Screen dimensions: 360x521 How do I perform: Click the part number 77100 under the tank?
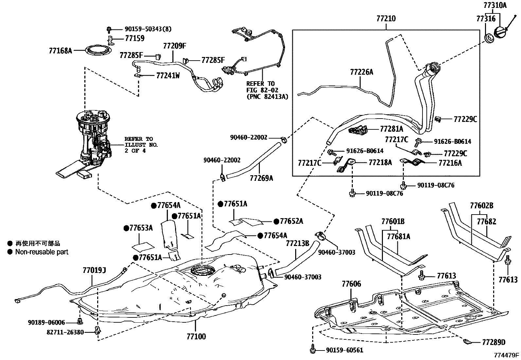click(196, 336)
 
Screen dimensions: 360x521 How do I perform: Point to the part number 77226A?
click(361, 72)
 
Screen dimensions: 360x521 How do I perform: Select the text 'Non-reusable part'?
click(42, 252)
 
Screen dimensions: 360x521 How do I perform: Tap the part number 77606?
click(351, 284)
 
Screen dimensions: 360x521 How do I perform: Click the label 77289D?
click(494, 343)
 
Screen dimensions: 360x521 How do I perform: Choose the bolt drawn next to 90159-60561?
click(313, 350)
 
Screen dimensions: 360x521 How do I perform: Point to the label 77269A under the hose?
click(261, 178)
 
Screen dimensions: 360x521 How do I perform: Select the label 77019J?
click(94, 270)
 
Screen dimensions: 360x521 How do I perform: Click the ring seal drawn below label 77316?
click(489, 38)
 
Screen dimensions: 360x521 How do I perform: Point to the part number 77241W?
click(168, 76)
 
